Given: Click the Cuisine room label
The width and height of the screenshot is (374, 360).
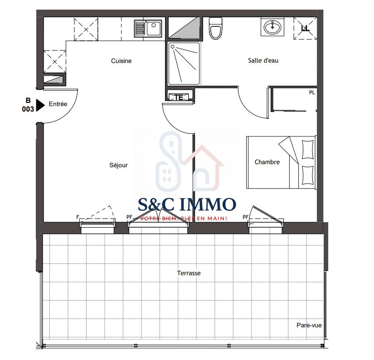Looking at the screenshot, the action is tap(121, 61).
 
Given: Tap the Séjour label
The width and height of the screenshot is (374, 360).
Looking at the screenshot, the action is tap(118, 165).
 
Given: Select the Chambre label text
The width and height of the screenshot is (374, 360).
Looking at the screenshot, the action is tap(267, 162).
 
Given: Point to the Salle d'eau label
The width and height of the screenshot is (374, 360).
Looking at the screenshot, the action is tap(263, 60).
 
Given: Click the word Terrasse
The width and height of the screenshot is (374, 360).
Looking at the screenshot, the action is tap(189, 273).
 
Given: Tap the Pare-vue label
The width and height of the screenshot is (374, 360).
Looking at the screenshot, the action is tap(309, 325).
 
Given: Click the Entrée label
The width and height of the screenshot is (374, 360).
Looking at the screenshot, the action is tap(58, 104).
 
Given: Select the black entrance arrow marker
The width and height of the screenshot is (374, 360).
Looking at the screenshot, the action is tap(40, 105).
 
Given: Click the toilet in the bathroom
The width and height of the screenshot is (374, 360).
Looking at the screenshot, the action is tap(216, 28).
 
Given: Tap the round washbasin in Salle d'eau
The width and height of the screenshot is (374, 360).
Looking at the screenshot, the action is tap(272, 27).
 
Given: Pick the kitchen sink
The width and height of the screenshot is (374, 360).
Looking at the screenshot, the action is tap(148, 29).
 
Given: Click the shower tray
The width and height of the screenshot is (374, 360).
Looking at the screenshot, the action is tap(184, 63).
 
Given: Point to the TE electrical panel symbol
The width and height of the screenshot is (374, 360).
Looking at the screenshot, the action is tap(179, 97).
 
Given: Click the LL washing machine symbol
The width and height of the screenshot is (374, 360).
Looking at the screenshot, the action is tap(305, 29).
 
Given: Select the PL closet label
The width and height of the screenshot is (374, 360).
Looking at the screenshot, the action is tap(312, 92).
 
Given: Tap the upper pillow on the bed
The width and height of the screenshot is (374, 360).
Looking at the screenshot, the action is tap(308, 150).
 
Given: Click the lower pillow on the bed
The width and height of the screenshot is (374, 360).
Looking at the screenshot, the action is tap(308, 175).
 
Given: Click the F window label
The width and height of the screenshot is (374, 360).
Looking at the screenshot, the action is tap(78, 217).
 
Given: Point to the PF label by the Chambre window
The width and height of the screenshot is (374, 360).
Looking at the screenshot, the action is tap(245, 217).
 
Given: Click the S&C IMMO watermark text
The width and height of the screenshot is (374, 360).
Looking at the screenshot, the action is tap(187, 204).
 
